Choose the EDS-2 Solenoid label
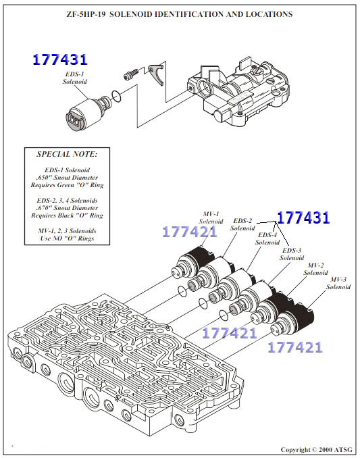coord(242,224)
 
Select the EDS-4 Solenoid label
coord(267,238)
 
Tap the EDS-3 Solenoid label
coord(292,253)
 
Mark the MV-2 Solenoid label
coord(315,268)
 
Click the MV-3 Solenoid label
coord(338,283)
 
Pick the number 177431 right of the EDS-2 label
coord(303,218)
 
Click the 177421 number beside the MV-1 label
coord(189,233)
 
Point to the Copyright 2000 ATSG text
coord(316,449)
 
